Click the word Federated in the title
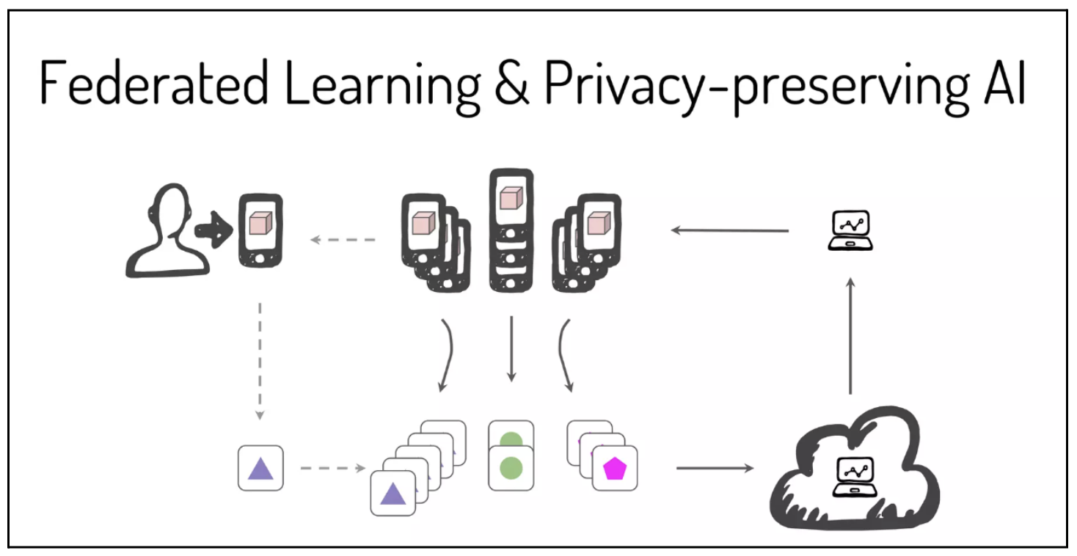[x=154, y=84]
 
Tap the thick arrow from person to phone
[x=213, y=230]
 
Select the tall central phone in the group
[x=511, y=231]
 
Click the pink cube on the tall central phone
[x=511, y=199]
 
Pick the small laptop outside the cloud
[x=850, y=230]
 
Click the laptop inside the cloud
[x=854, y=476]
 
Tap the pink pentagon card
[x=615, y=468]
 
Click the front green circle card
[x=511, y=469]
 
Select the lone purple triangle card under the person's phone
[x=260, y=468]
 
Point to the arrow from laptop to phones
[x=730, y=230]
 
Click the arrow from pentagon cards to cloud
[x=714, y=467]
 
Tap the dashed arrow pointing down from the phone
[x=260, y=359]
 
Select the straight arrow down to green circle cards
[x=511, y=348]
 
